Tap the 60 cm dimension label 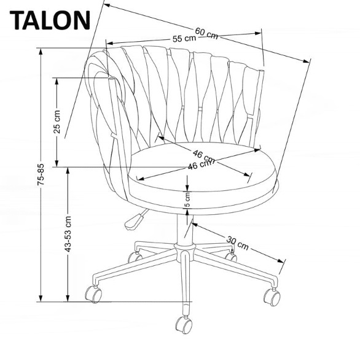[206, 33]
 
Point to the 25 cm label [57, 121]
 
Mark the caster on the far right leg [271, 296]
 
